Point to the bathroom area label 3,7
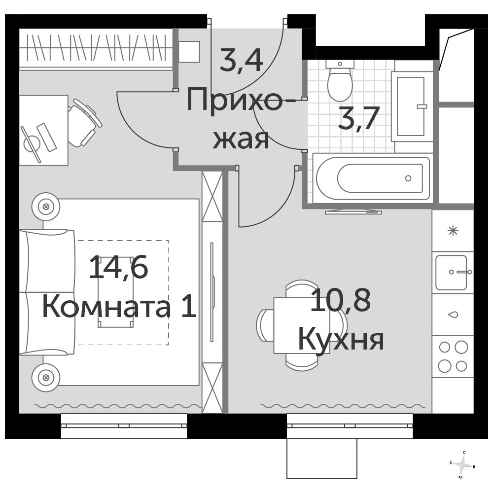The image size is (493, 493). tap(358, 118)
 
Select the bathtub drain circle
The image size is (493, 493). tap(408, 178)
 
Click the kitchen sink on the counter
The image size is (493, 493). tap(452, 272)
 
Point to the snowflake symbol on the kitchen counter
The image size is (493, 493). tap(453, 231)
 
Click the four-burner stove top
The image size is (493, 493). tap(453, 356)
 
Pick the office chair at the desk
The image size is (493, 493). tap(83, 123)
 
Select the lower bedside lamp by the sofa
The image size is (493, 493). tap(46, 377)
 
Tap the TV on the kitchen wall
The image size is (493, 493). tap(353, 211)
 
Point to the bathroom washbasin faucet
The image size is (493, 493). tap(422, 106)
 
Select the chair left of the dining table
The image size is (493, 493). tap(265, 325)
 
